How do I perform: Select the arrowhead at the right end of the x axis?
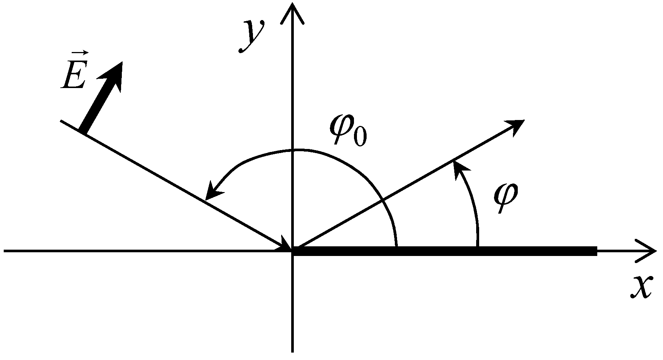point(648,251)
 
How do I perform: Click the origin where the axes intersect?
point(293,251)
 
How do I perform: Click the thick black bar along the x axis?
point(446,251)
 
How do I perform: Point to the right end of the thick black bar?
point(595,251)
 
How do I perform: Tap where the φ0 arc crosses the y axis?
point(293,150)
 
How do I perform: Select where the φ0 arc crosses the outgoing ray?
point(383,201)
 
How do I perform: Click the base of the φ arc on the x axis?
point(478,247)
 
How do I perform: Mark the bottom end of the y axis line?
point(293,351)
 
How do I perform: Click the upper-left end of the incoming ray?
point(61,121)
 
